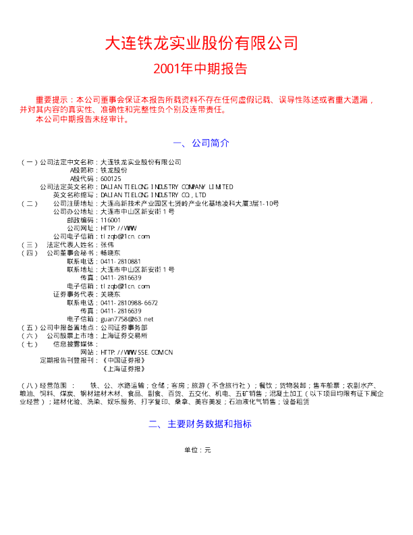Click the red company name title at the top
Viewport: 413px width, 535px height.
pos(200,44)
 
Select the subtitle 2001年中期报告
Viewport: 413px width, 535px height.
pos(200,68)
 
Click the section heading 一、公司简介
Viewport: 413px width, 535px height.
pos(202,143)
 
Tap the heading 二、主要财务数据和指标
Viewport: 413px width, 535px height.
pos(200,424)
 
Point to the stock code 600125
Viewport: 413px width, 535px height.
pos(110,179)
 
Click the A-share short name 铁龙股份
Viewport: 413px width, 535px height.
pos(113,171)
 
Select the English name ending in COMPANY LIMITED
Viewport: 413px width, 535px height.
pos(166,187)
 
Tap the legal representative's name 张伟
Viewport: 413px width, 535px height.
pos(107,245)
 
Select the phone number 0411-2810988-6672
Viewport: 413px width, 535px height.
pos(129,303)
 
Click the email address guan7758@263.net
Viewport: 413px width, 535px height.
pos(126,319)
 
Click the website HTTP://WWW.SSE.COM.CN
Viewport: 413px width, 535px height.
pos(136,352)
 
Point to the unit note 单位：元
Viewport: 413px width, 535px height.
pos(198,450)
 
